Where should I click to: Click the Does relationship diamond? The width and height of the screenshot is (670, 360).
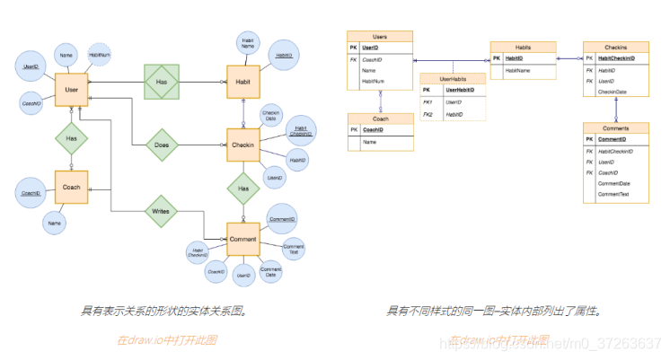coord(162,145)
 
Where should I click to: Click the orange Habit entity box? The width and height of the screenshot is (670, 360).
coord(242,82)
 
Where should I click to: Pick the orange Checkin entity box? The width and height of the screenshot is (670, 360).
coord(242,145)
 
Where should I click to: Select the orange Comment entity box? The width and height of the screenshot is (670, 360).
coord(242,239)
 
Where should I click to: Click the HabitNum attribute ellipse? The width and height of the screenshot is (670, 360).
coord(99,55)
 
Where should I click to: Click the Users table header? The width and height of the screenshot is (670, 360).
coord(380,36)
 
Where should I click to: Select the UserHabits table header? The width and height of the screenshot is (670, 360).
coord(453,79)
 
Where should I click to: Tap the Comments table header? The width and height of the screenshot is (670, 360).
coord(616,128)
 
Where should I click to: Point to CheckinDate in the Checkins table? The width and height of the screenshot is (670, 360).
coord(613,92)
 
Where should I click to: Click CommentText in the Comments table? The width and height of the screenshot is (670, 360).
coord(613,194)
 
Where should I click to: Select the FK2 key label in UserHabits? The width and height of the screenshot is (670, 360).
coord(428,115)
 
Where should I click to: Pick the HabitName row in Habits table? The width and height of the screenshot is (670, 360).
coord(520,69)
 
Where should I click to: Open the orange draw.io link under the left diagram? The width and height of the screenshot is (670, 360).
coord(166,340)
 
